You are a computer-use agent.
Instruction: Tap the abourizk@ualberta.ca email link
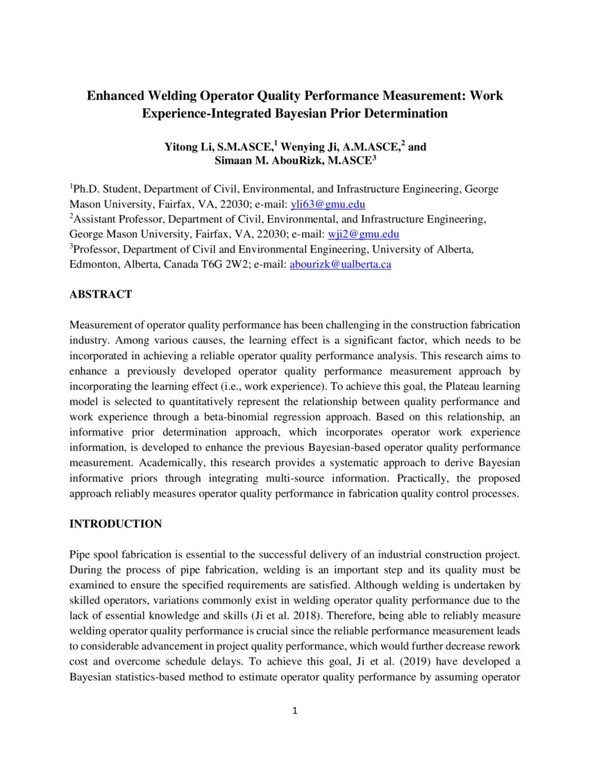(340, 265)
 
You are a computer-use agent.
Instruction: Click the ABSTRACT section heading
(101, 295)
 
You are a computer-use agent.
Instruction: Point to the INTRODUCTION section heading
(116, 524)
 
